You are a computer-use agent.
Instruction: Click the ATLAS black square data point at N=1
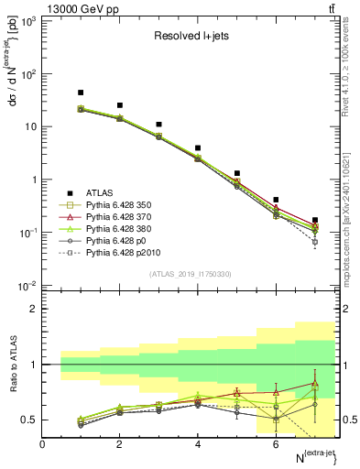pyautogui.click(x=81, y=93)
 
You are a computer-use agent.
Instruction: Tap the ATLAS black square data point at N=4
pyautogui.click(x=198, y=147)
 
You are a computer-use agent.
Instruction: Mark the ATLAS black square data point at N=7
pyautogui.click(x=315, y=221)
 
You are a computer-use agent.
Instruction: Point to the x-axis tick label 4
pyautogui.click(x=198, y=444)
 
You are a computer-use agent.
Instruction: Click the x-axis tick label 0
pyautogui.click(x=42, y=444)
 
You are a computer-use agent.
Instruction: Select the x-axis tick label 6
pyautogui.click(x=276, y=444)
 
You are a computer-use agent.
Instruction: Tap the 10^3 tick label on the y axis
pyautogui.click(x=27, y=21)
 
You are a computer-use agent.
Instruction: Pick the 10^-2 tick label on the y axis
pyautogui.click(x=27, y=286)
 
